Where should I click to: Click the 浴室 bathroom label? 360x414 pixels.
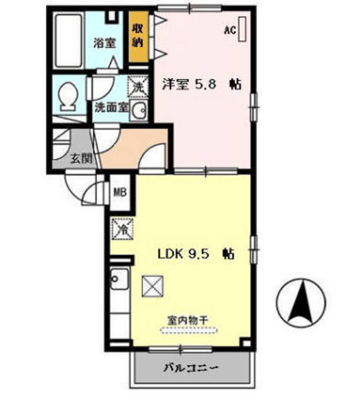[x=104, y=43]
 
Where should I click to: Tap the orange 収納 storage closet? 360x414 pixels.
[x=137, y=38]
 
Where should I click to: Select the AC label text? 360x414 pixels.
[x=229, y=29]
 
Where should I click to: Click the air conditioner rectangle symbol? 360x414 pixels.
[x=243, y=28]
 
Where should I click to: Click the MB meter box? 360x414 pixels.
[x=120, y=192]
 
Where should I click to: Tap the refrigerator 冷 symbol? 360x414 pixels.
[x=121, y=228]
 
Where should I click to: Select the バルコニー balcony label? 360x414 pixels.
[x=190, y=369]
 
